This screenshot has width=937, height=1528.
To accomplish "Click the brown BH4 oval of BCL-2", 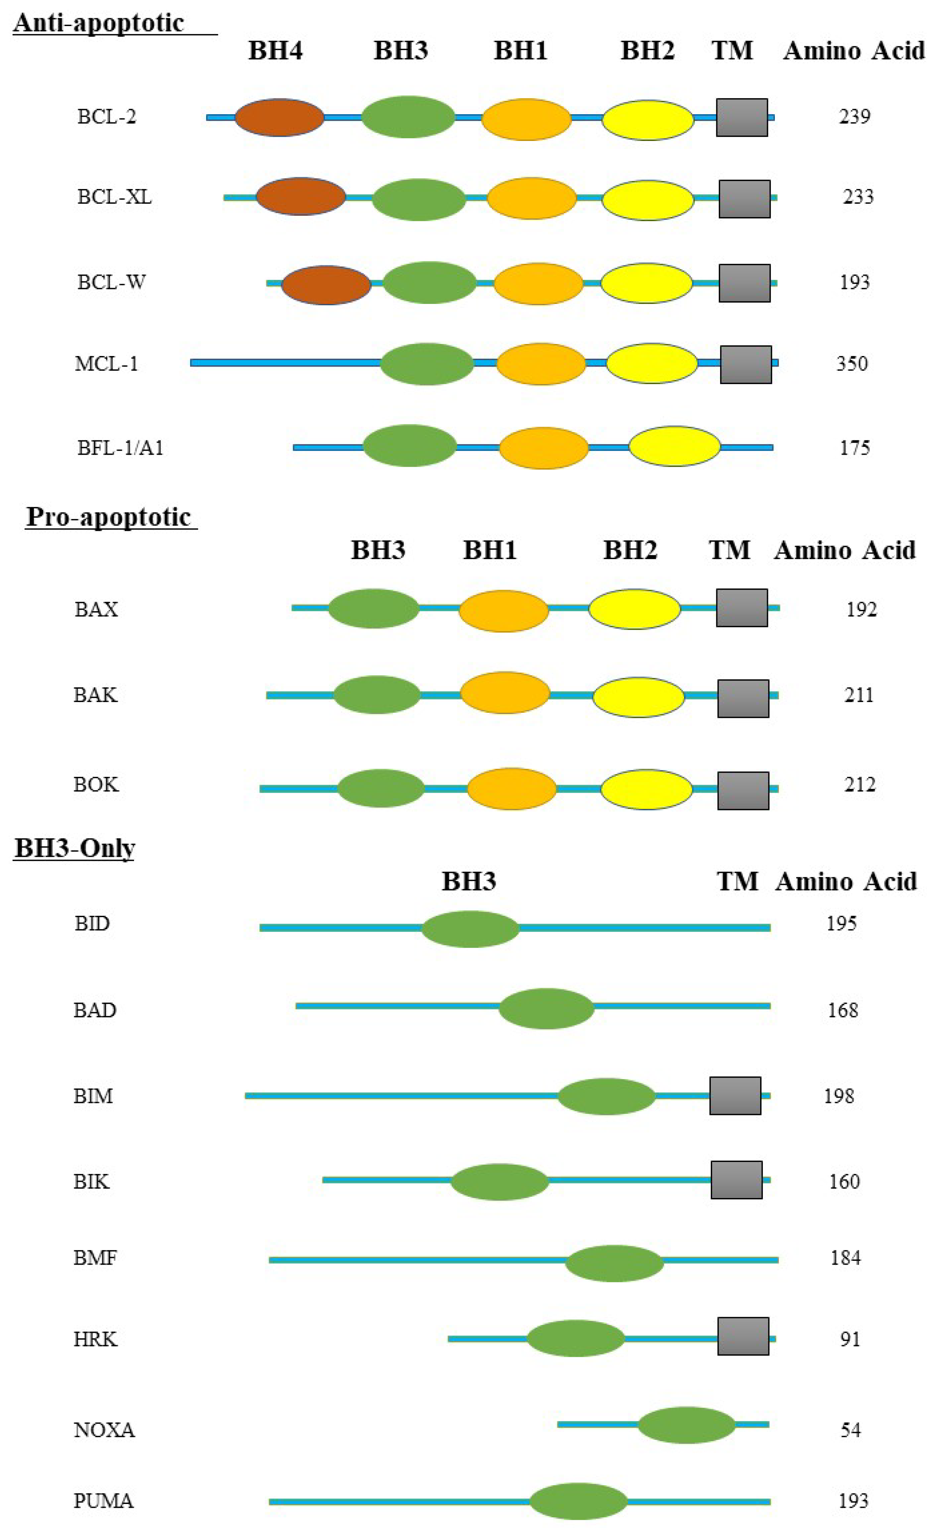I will coord(279,117).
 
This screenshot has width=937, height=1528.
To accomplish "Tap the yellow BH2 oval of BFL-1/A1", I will coord(674,446).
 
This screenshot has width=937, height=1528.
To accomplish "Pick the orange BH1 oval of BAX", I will coord(503,611).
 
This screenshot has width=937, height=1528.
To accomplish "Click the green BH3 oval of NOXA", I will coord(686,1424).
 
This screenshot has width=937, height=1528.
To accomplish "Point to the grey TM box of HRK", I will coord(743,1336).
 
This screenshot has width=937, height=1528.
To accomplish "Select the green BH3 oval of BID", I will coord(470,928).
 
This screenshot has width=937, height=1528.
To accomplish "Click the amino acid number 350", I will coord(852,364).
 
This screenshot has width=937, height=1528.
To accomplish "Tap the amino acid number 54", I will coord(850,1430).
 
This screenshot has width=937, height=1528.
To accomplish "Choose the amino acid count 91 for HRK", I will coord(850,1339).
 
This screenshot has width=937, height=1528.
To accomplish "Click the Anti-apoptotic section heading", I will coord(99,23).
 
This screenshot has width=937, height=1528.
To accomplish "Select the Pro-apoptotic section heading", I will coord(109,517).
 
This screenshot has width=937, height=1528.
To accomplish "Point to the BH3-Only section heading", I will coord(74,848).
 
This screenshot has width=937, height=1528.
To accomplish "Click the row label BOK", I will coord(96,784).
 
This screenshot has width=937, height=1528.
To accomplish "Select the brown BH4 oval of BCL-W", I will coord(326,285).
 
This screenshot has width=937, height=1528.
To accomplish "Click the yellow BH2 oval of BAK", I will coord(638,697).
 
